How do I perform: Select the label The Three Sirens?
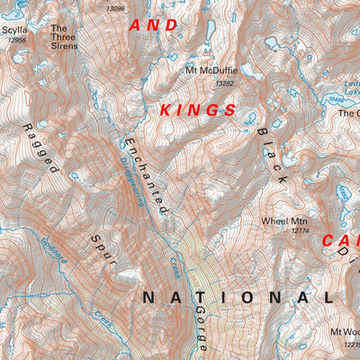pyautogui.click(x=64, y=36)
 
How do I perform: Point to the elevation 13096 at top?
pyautogui.click(x=115, y=8)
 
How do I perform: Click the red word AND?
pyautogui.click(x=154, y=26)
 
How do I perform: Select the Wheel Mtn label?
pyautogui.click(x=284, y=220)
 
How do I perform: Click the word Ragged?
pyautogui.click(x=40, y=148)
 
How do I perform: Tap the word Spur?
pyautogui.click(x=104, y=249)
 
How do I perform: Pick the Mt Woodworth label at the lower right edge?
pyautogui.click(x=344, y=332)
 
